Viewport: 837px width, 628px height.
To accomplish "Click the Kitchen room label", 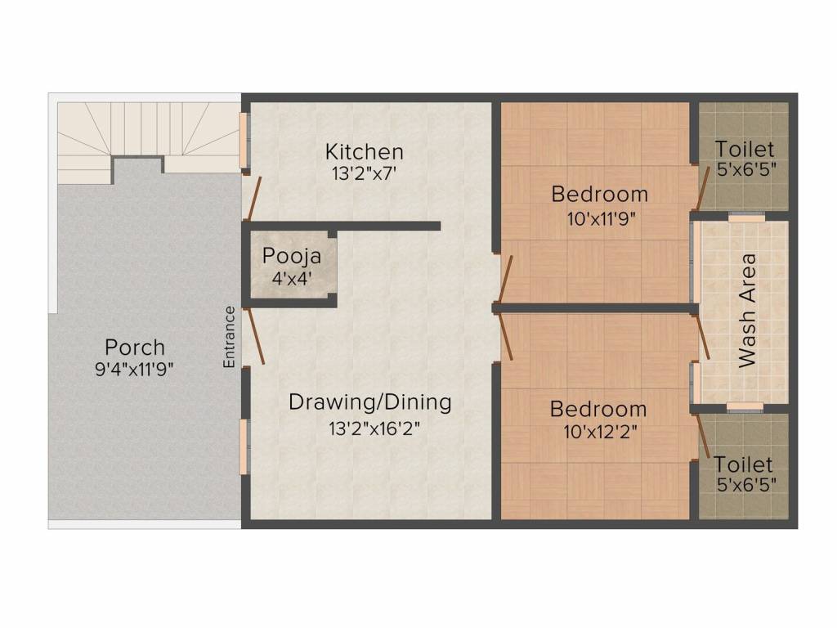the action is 364,151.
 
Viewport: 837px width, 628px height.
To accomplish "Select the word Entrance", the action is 229,337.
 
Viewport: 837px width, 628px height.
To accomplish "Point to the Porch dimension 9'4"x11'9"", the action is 135,369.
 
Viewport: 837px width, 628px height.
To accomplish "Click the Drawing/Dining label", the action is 370,402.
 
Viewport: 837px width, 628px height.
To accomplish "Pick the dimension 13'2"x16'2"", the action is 374,428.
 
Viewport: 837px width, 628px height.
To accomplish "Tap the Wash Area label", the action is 747,310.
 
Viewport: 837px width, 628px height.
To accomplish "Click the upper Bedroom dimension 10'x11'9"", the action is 601,218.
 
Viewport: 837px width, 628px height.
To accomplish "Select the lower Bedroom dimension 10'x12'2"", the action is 601,431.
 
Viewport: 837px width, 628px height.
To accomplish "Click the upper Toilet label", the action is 744,149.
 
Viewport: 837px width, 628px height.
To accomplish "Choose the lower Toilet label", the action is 743,464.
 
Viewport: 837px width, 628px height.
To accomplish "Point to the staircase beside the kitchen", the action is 147,137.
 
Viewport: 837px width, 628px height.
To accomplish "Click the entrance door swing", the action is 254,336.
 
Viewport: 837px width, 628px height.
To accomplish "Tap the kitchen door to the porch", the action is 253,199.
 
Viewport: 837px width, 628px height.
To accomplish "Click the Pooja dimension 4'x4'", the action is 292,278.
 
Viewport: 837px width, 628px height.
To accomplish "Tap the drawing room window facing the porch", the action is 244,447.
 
